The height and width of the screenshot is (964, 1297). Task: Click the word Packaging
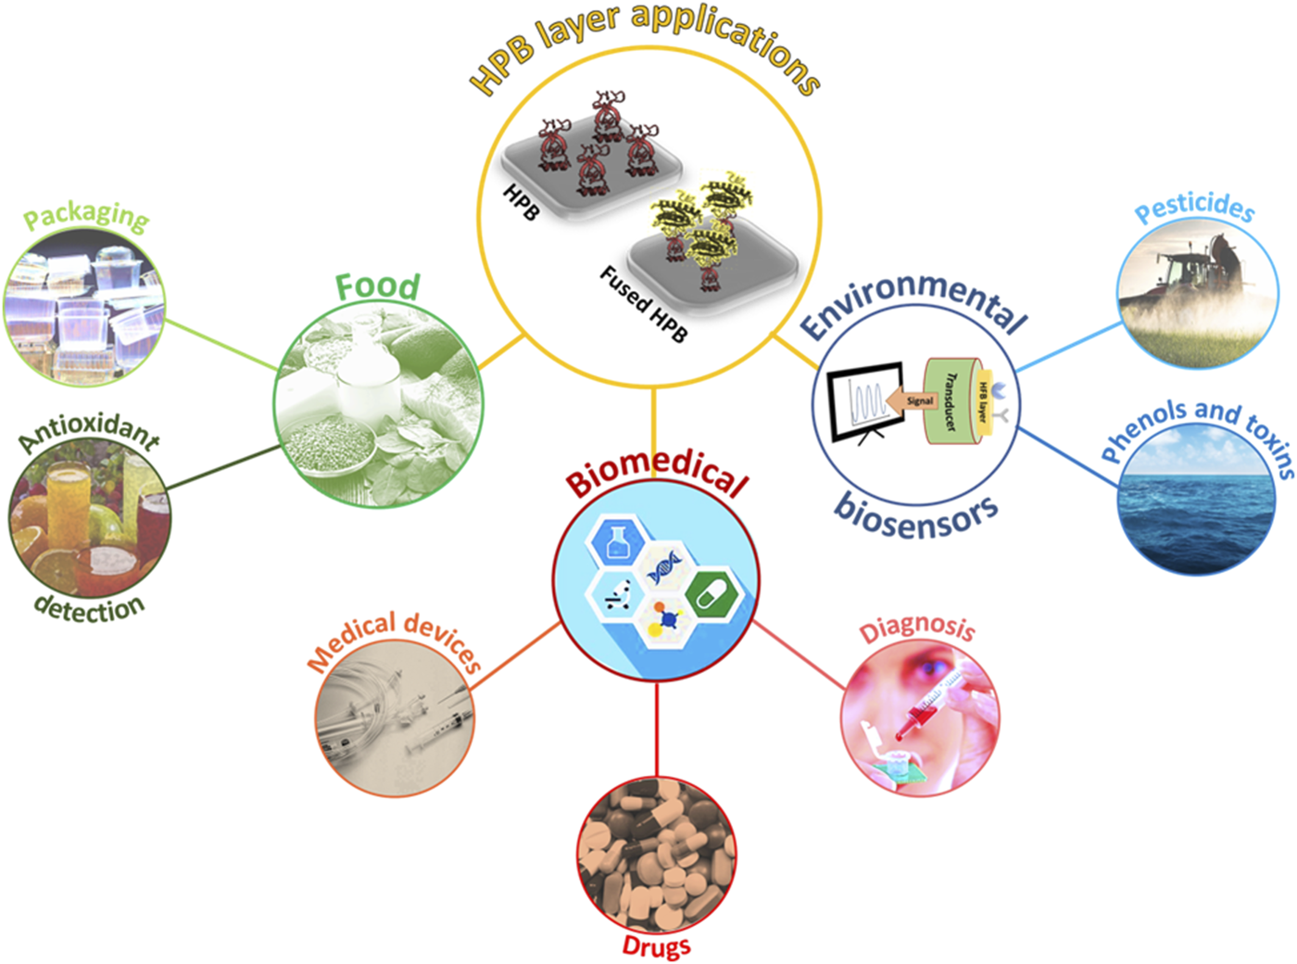(85, 216)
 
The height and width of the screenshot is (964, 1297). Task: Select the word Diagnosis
(917, 628)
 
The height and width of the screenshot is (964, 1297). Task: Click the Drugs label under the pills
(656, 946)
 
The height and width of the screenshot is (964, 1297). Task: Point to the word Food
(377, 286)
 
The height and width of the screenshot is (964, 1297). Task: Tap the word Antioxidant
(89, 432)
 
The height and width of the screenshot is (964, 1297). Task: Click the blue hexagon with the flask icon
(618, 543)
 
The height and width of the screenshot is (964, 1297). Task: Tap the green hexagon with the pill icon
(713, 592)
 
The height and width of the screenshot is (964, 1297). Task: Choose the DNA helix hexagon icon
(664, 566)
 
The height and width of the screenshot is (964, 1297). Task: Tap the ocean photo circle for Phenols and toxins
(1194, 505)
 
